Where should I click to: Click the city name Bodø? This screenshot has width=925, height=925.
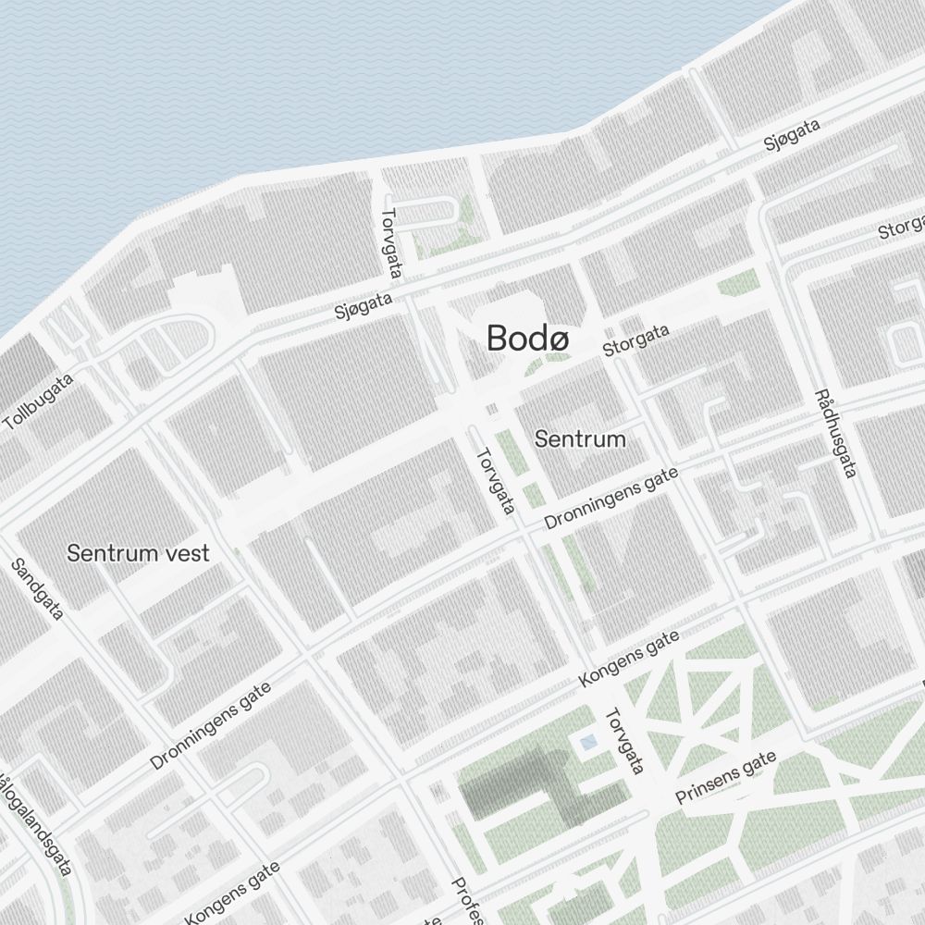point(528,339)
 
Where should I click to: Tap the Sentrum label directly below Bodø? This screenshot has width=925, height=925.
point(580,439)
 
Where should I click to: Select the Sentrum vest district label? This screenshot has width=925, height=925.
point(138,554)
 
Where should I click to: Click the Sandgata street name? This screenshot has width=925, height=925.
point(38,589)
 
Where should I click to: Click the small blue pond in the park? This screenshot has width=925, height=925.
point(587,742)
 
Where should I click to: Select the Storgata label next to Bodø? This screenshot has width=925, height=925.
point(635,340)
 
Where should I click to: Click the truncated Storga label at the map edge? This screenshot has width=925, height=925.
point(902,226)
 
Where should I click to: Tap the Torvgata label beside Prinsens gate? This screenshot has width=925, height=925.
point(624,742)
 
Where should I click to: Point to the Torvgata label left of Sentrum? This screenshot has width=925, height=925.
point(495,482)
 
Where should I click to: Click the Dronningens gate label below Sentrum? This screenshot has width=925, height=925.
point(610,499)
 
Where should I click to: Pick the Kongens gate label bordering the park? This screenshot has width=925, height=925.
point(629,659)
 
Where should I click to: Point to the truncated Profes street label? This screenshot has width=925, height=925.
point(467,901)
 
